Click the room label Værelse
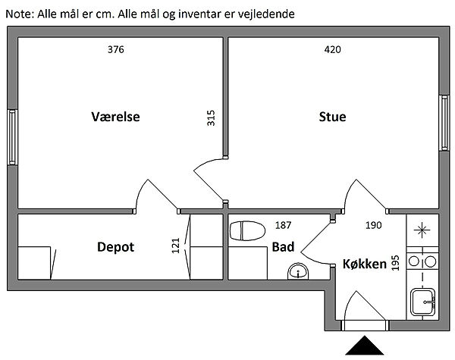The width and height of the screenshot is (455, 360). pos(116,117)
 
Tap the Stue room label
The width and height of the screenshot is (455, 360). pos(332,117)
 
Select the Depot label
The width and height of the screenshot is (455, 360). pos(115,246)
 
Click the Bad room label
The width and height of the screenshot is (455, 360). pos(284,247)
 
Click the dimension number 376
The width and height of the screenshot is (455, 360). pos(115,50)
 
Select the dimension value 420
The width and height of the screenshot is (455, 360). pos(332,50)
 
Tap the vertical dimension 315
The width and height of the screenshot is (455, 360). pos(212,119)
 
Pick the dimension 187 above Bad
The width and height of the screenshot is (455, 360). pos(283,224)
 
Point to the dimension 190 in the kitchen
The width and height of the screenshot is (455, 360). pos(374,224)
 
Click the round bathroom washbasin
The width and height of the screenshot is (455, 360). pos(298,271)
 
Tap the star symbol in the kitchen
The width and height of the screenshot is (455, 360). pos(422,229)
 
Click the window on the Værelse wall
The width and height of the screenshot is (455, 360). pos(11,136)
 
